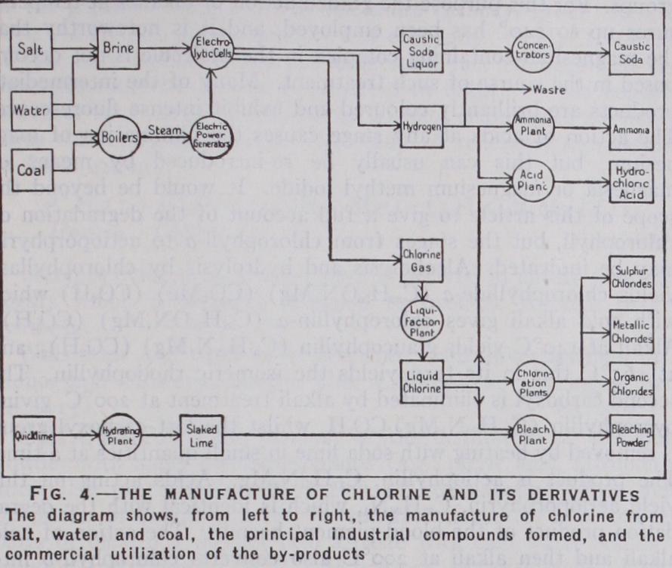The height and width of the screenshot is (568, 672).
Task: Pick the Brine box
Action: (119, 49)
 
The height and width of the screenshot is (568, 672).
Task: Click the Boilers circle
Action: (119, 137)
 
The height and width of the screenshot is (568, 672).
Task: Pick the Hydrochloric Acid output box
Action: (631, 181)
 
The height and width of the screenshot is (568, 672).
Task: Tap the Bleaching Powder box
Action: (632, 436)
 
